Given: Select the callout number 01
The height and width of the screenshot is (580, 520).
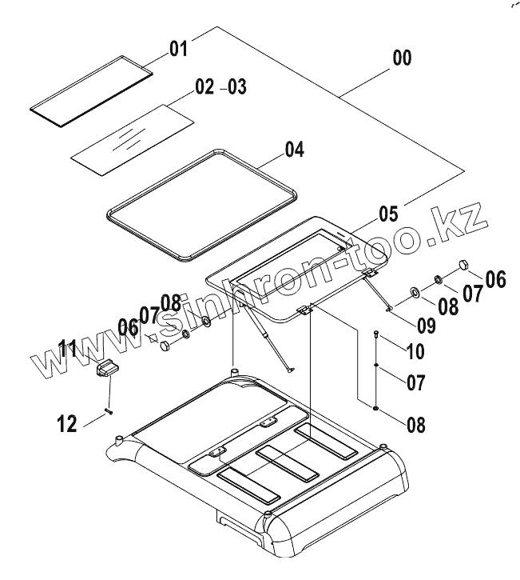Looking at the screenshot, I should [x=177, y=49].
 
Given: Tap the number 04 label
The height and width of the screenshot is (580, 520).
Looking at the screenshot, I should [x=295, y=149].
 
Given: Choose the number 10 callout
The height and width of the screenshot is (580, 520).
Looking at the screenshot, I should [x=415, y=350].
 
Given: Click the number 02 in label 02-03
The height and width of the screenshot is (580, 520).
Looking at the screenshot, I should [x=205, y=86].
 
